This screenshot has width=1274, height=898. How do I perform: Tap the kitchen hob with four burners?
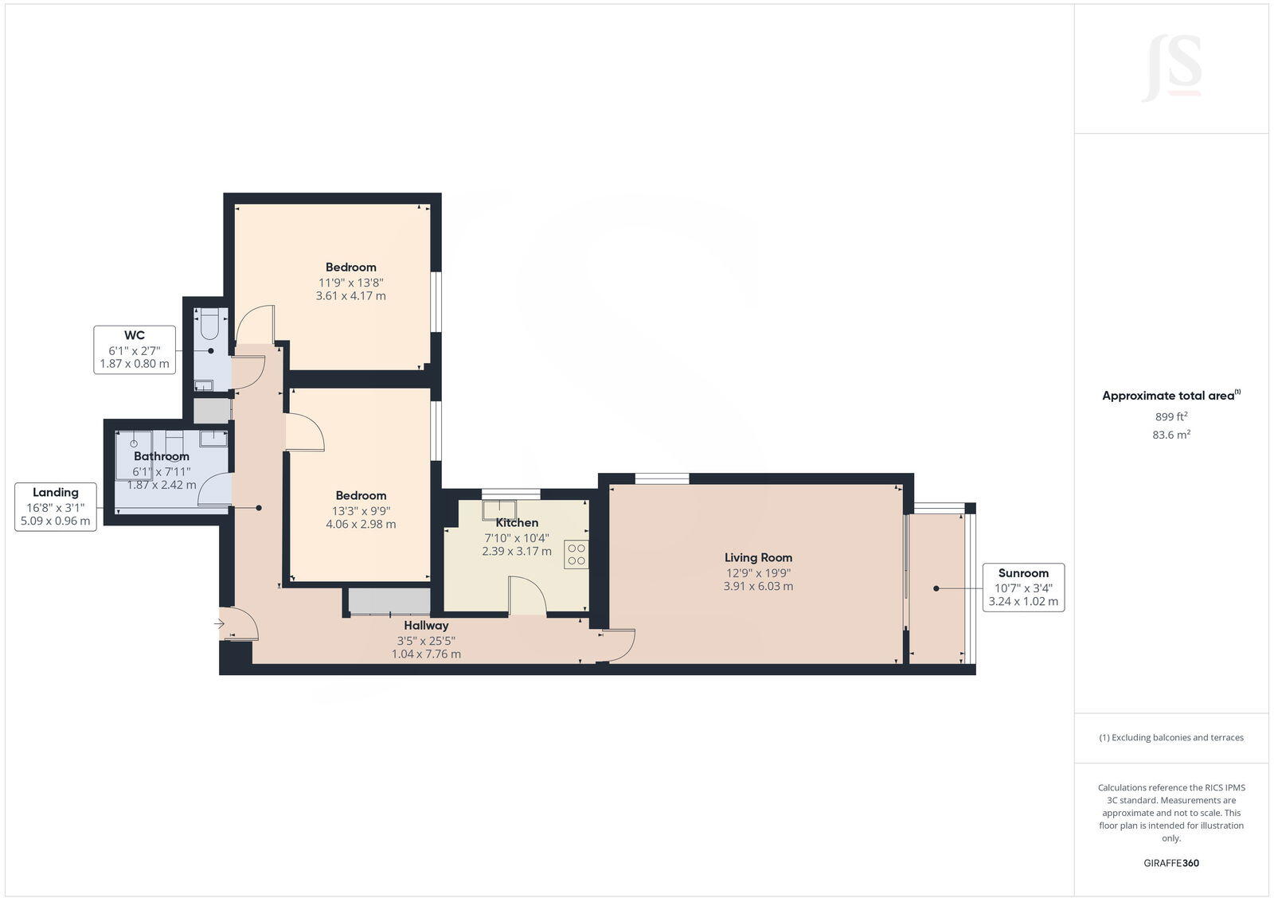point(576,554)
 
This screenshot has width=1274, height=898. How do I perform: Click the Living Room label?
point(758,557)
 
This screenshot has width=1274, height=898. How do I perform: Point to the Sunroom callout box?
point(1023,587)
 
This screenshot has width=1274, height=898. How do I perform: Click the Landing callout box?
point(56,506)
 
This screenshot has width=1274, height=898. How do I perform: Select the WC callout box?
point(135,349)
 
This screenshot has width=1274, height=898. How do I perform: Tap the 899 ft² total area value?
point(1171,416)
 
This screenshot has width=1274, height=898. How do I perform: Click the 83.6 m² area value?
point(1171,435)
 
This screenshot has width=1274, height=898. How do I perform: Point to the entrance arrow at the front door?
point(219,624)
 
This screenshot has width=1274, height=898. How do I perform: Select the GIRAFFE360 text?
point(1171,863)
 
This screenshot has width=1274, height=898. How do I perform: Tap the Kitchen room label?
point(517,523)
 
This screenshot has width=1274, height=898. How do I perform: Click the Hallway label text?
point(426,626)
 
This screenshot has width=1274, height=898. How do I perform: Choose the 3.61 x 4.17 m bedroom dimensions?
point(350,296)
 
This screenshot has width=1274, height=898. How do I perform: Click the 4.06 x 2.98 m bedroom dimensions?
point(361,525)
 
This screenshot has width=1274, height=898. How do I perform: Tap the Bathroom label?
point(162,456)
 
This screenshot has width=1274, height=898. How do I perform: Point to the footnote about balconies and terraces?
point(1171,737)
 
